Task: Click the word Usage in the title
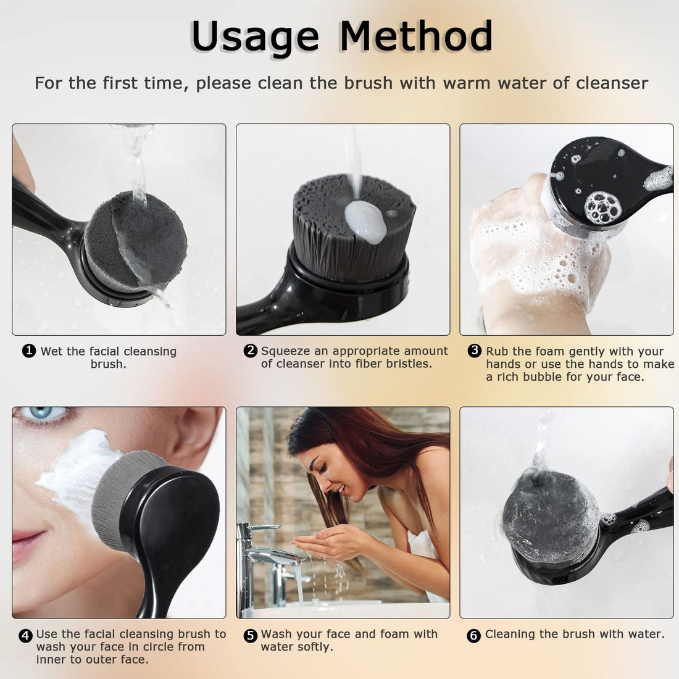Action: pyautogui.click(x=254, y=36)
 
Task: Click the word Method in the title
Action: pyautogui.click(x=416, y=36)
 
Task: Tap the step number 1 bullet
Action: pyautogui.click(x=28, y=351)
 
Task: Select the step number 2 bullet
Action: pyautogui.click(x=250, y=351)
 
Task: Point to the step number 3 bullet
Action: pyautogui.click(x=474, y=351)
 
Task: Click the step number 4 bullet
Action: pyautogui.click(x=25, y=635)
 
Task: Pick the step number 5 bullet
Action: pyautogui.click(x=250, y=635)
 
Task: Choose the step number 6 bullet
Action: pyautogui.click(x=473, y=635)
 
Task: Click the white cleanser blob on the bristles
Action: pyautogui.click(x=365, y=221)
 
